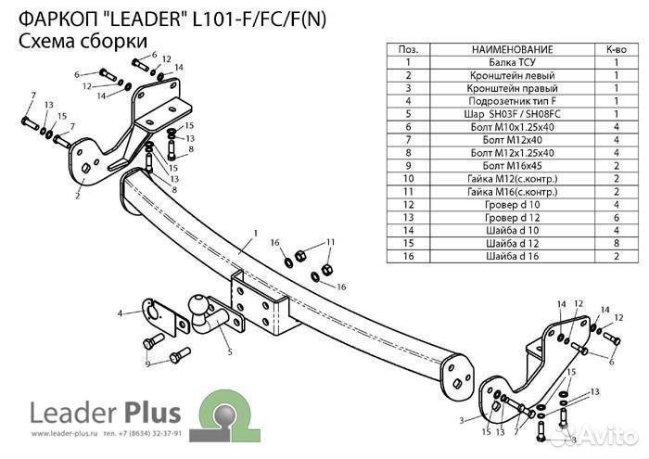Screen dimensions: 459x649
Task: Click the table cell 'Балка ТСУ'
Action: pyautogui.click(x=512, y=62)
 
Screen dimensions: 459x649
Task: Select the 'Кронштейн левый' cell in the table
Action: pyautogui.click(x=512, y=75)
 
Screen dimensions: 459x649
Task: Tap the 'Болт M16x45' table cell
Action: pyautogui.click(x=512, y=165)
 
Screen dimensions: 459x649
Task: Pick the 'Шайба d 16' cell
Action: pyautogui.click(x=512, y=255)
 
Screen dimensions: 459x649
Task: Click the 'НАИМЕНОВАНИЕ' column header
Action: pyautogui.click(x=512, y=49)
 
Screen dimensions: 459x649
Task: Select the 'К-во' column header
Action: pyautogui.click(x=616, y=49)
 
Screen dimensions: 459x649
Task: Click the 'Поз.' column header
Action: pyautogui.click(x=407, y=49)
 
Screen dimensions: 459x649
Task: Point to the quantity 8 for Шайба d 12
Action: pyautogui.click(x=616, y=242)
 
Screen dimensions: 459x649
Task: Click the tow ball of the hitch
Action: pyautogui.click(x=199, y=307)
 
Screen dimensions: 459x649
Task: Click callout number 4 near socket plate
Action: pyautogui.click(x=120, y=313)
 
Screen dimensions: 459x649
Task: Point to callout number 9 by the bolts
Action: pyautogui.click(x=146, y=364)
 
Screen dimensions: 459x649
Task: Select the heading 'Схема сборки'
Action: pyautogui.click(x=82, y=42)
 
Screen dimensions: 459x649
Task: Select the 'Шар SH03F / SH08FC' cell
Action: pyautogui.click(x=512, y=113)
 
